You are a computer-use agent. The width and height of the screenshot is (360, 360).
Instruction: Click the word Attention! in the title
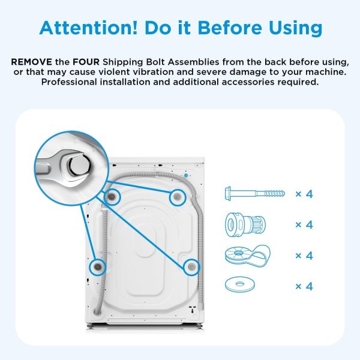pyautogui.click(x=88, y=28)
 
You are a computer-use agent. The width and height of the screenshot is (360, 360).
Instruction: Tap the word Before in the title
pyautogui.click(x=230, y=28)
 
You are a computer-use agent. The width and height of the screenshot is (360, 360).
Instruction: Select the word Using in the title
pyautogui.click(x=295, y=29)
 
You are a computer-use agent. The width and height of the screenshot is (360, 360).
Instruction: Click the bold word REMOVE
pyautogui.click(x=31, y=62)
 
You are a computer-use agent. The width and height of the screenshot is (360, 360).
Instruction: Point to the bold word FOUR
pyautogui.click(x=86, y=62)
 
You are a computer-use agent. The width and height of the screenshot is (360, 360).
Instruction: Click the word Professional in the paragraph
pyautogui.click(x=69, y=82)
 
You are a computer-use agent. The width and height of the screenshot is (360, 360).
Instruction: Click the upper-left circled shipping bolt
pyautogui.click(x=112, y=197)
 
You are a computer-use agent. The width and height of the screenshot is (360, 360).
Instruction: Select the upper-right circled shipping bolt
pyautogui.click(x=177, y=197)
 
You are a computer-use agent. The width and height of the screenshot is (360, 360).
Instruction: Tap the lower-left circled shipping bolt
pyautogui.click(x=98, y=267)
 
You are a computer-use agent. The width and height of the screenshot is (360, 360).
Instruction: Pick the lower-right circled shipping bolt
pyautogui.click(x=191, y=266)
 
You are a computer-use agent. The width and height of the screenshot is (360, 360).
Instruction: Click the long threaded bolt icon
pyautogui.click(x=254, y=193)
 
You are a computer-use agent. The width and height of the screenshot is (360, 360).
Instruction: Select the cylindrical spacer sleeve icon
pyautogui.click(x=245, y=224)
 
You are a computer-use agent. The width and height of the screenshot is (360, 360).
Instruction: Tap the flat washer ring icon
pyautogui.click(x=239, y=284)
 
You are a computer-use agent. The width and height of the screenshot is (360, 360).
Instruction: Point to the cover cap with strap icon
pyautogui.click(x=247, y=256)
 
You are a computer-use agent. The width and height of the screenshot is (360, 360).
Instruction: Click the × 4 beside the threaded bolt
pyautogui.click(x=304, y=194)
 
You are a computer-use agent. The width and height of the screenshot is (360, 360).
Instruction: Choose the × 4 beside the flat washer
pyautogui.click(x=304, y=286)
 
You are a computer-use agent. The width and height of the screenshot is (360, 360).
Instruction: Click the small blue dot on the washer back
pyautogui.click(x=186, y=175)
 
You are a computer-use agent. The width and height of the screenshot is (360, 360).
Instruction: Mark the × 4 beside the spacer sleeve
pyautogui.click(x=304, y=225)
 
